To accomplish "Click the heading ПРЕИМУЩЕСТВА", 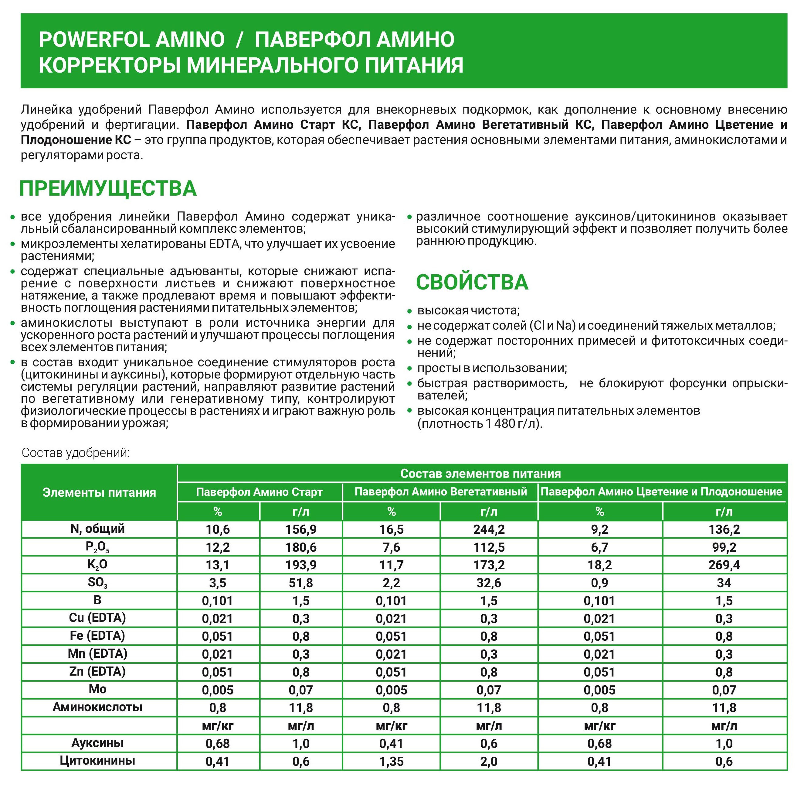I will pyautogui.click(x=107, y=189).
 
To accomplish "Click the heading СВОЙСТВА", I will pyautogui.click(x=472, y=282).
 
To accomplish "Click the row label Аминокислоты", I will pyautogui.click(x=98, y=707).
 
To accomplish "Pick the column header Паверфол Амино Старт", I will pyautogui.click(x=259, y=492).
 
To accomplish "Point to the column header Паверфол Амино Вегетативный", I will pyautogui.click(x=440, y=492).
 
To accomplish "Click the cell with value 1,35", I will pyautogui.click(x=391, y=761).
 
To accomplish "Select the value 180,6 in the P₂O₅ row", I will pyautogui.click(x=301, y=547).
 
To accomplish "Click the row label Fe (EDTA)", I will pyautogui.click(x=98, y=635).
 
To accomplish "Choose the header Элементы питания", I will pyautogui.click(x=99, y=492).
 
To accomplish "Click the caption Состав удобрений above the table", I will pyautogui.click(x=76, y=453).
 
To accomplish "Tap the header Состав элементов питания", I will pyautogui.click(x=480, y=474).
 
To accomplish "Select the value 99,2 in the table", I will pyautogui.click(x=724, y=547).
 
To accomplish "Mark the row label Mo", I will pyautogui.click(x=98, y=689).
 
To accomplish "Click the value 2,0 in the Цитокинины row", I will pyautogui.click(x=489, y=761).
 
